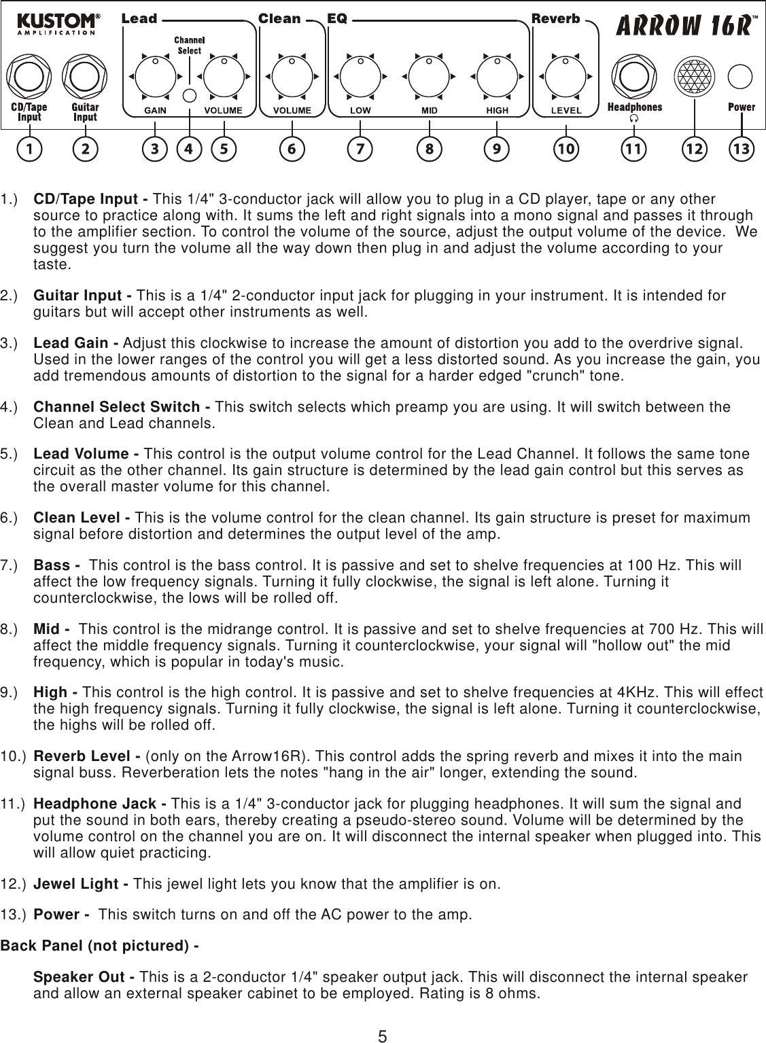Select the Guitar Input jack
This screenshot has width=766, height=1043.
[x=85, y=76]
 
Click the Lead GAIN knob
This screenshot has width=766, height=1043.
[x=155, y=76]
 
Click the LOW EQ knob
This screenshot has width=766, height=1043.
[x=360, y=77]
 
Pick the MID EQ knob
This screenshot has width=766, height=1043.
[x=428, y=77]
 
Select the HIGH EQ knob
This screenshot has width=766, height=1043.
[x=497, y=77]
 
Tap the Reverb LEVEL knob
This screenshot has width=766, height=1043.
[x=565, y=77]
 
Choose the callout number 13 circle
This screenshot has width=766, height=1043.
[x=743, y=148]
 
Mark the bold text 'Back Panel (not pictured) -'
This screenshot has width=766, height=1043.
[x=99, y=946]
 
